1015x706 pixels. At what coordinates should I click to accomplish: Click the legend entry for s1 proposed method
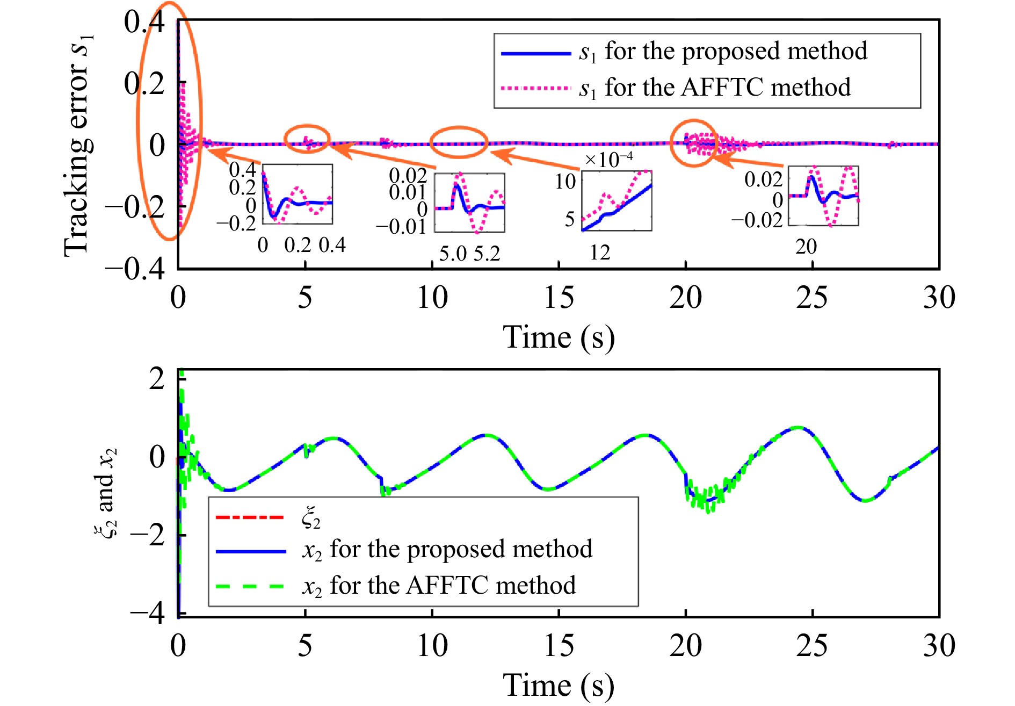682,52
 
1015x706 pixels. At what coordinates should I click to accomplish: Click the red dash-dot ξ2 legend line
250,517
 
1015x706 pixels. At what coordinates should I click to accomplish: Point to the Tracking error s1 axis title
78,145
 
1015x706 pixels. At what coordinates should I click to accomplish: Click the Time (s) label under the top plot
559,338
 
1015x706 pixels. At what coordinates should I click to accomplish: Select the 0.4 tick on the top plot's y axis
144,23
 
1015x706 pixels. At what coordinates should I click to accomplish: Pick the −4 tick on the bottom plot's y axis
148,613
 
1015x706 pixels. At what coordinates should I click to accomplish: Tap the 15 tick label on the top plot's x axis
559,298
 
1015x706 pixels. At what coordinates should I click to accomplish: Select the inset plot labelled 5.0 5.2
469,203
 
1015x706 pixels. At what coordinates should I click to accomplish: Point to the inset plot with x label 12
617,201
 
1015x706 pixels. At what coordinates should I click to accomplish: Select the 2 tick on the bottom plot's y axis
156,379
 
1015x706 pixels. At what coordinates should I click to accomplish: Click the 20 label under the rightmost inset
806,247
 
